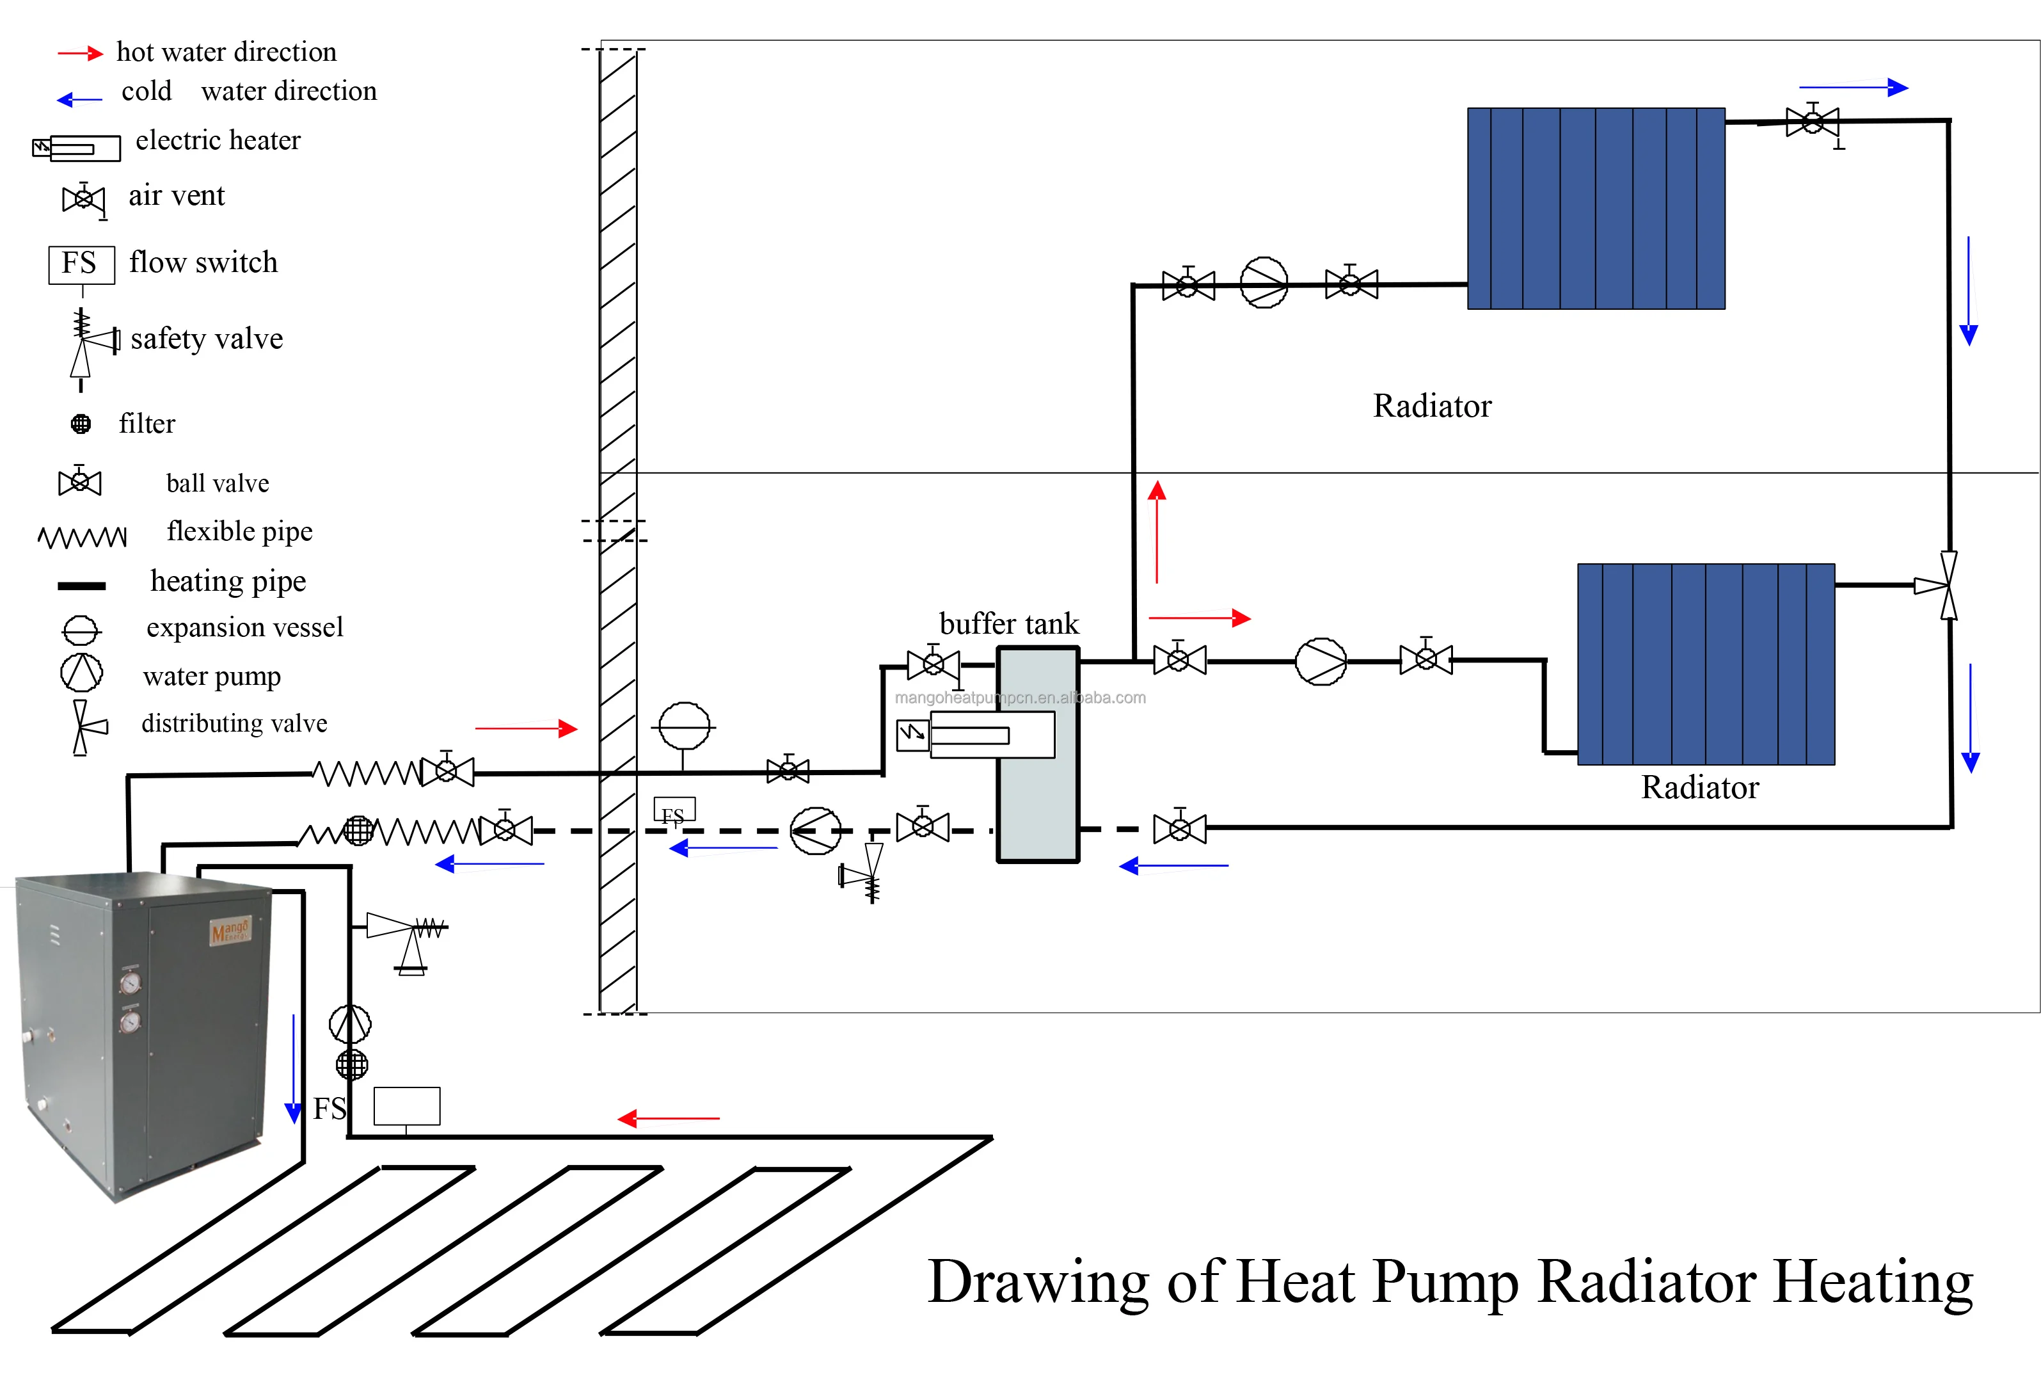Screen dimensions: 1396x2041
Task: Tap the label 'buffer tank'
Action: [1008, 624]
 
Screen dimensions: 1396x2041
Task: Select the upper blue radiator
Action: [1596, 208]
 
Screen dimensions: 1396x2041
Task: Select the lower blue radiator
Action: [1706, 664]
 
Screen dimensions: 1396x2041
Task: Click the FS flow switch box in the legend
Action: [81, 264]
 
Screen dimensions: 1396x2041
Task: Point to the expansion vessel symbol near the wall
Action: [684, 726]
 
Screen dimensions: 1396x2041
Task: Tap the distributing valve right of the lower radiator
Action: [1946, 585]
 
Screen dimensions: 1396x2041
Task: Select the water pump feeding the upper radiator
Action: [1264, 283]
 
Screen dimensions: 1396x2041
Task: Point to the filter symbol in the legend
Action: [81, 424]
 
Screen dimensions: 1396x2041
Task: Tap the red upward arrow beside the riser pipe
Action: [1157, 531]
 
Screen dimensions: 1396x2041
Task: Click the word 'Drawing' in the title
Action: [1037, 1282]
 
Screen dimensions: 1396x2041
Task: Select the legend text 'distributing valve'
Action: [234, 723]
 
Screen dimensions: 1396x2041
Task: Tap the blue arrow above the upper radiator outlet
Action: [1853, 87]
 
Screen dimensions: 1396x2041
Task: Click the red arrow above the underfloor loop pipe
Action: [669, 1118]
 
